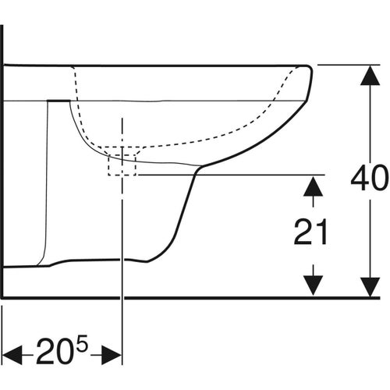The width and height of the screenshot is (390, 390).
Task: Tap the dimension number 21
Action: tap(313, 232)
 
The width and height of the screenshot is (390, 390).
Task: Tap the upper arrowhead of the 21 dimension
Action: tap(313, 184)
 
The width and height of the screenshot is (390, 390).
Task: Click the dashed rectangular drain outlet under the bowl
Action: tap(122, 164)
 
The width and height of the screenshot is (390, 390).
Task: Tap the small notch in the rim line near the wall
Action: tap(57, 101)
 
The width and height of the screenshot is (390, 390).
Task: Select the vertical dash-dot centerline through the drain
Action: tap(122, 234)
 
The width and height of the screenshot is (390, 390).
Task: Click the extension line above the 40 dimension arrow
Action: tap(343, 65)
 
